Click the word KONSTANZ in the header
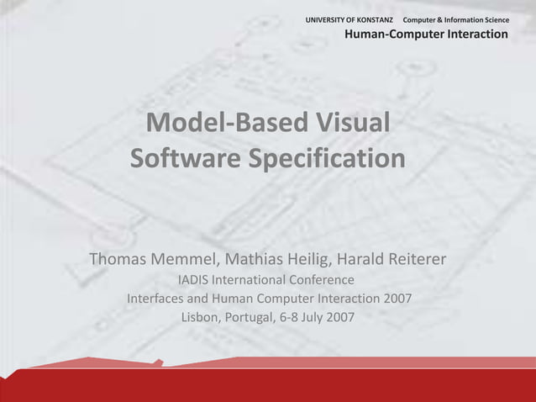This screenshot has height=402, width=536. click(x=376, y=19)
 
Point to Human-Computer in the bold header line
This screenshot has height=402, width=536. click(x=393, y=34)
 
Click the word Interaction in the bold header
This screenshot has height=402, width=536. click(x=477, y=34)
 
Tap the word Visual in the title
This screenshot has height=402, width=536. click(x=354, y=124)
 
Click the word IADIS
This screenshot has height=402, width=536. click(x=193, y=279)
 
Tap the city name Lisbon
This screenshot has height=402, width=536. click(x=200, y=318)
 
